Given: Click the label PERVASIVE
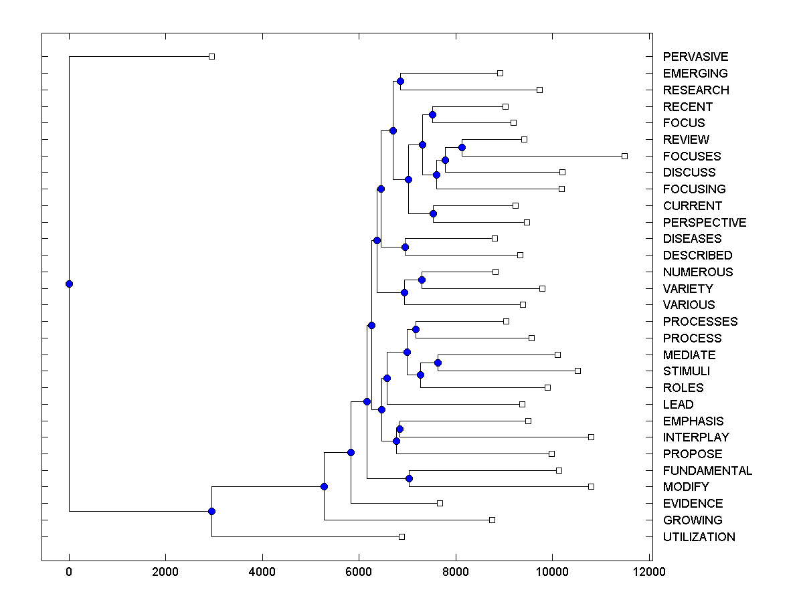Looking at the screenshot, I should click(695, 57).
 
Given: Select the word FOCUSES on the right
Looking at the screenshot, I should click(692, 156).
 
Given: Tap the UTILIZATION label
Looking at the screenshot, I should click(699, 537).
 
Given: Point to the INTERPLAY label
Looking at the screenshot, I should click(696, 437).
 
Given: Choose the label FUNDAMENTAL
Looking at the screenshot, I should click(707, 471).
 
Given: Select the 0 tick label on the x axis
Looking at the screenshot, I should click(69, 573).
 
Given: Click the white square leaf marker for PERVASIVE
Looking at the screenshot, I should click(211, 56).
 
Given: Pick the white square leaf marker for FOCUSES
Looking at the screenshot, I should click(624, 156).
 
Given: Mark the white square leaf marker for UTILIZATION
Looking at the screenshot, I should click(401, 536).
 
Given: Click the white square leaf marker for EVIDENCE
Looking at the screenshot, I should click(440, 503).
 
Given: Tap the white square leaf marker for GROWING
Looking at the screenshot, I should click(492, 520).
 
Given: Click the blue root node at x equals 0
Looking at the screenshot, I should click(69, 284).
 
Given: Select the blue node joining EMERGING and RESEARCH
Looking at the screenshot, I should click(400, 81).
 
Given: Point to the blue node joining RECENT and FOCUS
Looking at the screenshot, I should click(432, 114).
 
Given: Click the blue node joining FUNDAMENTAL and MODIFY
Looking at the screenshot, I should click(409, 478).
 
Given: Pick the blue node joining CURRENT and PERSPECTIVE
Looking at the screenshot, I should click(433, 213).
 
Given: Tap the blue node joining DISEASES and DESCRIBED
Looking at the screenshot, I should click(405, 247).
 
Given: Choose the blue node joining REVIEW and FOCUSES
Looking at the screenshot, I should click(462, 147).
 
